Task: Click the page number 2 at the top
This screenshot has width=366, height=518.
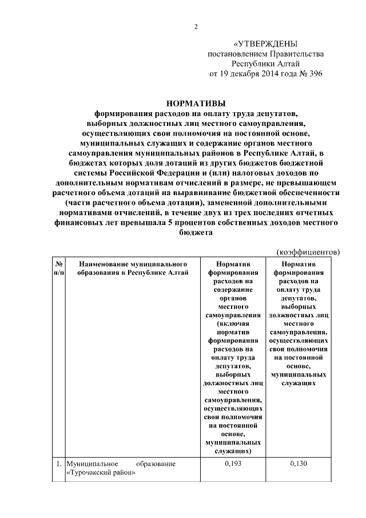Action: pyautogui.click(x=196, y=27)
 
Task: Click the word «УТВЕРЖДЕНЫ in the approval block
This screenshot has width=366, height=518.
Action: pyautogui.click(x=266, y=44)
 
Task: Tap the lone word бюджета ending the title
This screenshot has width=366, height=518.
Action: pyautogui.click(x=196, y=233)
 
